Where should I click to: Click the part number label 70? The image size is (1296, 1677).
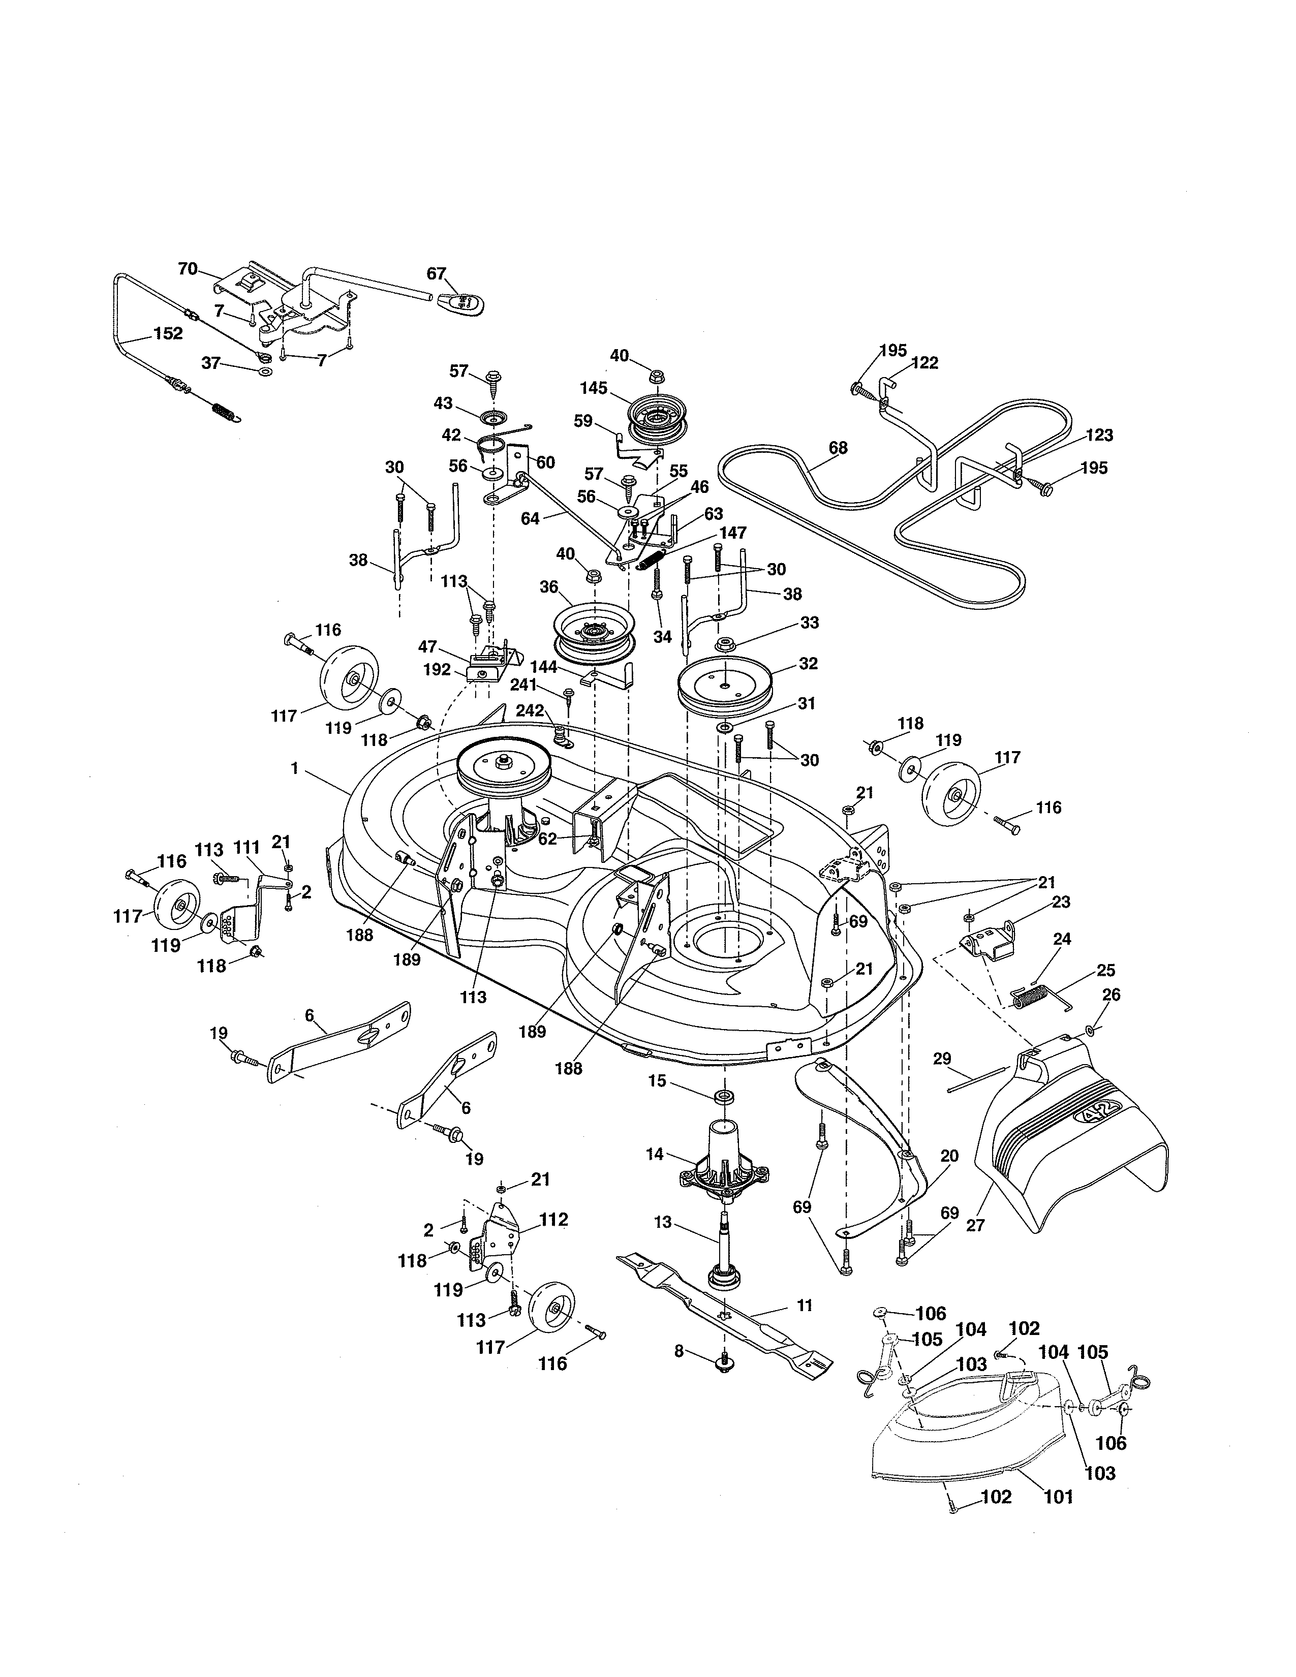(x=188, y=269)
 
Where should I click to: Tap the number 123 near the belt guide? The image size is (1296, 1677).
(x=1099, y=436)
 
